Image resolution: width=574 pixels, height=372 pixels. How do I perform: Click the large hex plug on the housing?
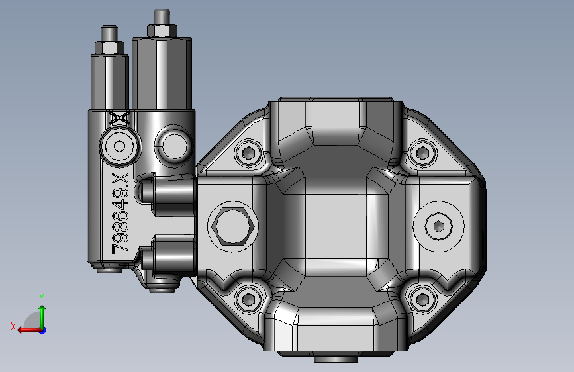(233, 226)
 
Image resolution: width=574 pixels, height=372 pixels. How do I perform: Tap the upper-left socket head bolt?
(248, 152)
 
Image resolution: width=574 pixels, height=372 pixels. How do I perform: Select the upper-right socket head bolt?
(423, 152)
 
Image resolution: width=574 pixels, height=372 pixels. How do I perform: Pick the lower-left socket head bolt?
(248, 299)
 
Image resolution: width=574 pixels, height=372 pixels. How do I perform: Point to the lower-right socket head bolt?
(423, 299)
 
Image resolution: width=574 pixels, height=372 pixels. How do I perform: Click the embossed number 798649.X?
(120, 213)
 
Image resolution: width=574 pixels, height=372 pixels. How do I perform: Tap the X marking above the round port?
(120, 118)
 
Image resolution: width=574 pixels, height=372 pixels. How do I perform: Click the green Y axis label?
(42, 297)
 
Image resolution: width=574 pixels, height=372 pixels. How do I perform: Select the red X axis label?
(13, 326)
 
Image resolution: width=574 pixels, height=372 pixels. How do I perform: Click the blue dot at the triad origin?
(43, 330)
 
